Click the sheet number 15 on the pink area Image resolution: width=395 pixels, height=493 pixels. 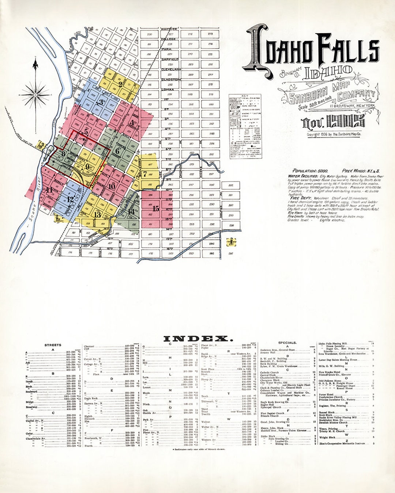pos(156,209)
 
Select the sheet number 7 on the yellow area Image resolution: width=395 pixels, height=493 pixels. pos(145,174)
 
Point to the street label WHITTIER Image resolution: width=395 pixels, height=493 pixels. pos(169,29)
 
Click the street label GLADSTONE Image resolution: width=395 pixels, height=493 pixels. pos(171,79)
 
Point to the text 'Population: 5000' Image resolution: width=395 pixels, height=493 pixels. pos(310,171)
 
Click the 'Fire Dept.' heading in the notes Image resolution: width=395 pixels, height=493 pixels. pos(300,198)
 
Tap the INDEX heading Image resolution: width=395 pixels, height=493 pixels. pos(197,339)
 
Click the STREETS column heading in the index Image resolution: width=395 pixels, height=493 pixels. pos(53,345)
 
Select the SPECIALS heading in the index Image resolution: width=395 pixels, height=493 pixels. pos(287,343)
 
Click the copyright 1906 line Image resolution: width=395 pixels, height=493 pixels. pos(334,134)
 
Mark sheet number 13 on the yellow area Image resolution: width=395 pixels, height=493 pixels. pos(97,215)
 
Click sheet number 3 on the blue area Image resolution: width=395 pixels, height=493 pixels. pos(101,102)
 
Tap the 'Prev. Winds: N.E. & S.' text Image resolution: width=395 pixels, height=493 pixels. pos(361,171)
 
